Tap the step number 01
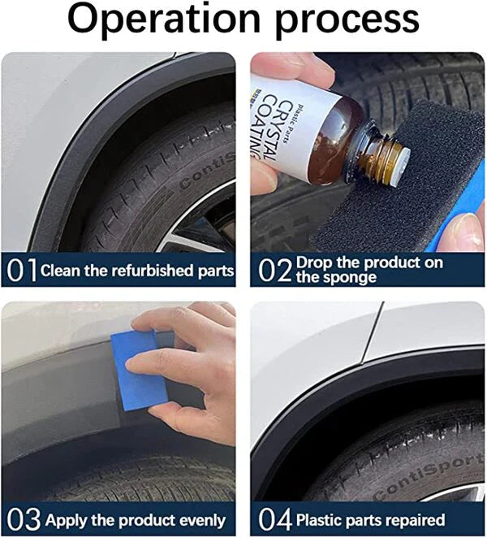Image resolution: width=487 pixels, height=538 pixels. [x=21, y=270]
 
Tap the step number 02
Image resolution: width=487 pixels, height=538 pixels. [x=274, y=270]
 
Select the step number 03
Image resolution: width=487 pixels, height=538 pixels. [x=23, y=519]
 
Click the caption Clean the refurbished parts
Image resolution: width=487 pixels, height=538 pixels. [x=137, y=271]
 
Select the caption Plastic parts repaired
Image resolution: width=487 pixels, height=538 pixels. [x=370, y=519]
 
